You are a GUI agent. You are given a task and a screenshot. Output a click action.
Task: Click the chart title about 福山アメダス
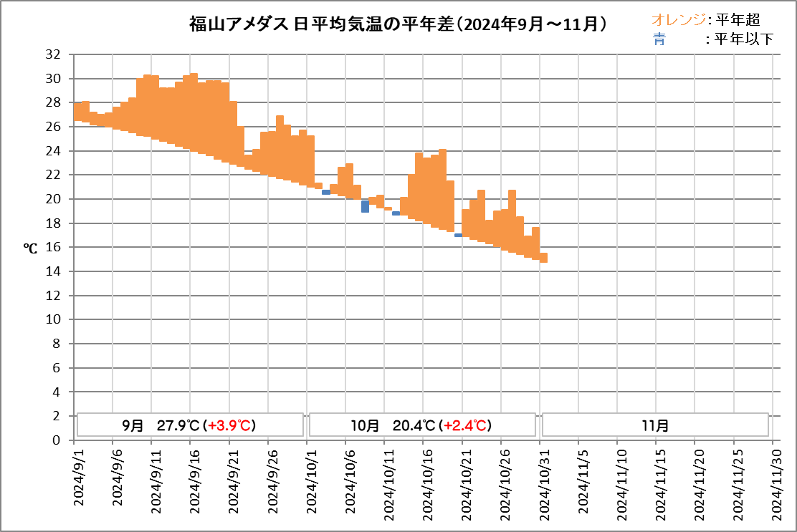pos(398,23)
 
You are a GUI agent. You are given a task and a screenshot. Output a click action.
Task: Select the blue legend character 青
pos(659,39)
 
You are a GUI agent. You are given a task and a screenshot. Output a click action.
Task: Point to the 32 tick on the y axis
pos(52,54)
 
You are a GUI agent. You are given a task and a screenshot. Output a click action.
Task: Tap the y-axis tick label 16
pos(52,248)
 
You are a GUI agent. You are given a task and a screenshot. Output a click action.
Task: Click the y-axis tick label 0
pos(56,440)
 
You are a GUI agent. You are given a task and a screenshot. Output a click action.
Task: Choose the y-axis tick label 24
pos(52,151)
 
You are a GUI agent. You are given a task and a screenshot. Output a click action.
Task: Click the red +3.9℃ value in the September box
pos(230,425)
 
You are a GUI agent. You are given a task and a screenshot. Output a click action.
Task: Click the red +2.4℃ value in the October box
pos(465,425)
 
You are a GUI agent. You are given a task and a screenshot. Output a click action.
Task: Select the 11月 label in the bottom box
pos(655,425)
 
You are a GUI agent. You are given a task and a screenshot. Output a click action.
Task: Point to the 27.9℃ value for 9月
pos(178,425)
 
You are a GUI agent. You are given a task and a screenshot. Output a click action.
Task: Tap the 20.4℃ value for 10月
pos(414,425)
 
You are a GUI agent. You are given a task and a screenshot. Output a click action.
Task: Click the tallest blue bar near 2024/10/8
pos(365,206)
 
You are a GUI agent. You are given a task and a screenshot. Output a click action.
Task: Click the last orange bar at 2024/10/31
pos(544,258)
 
